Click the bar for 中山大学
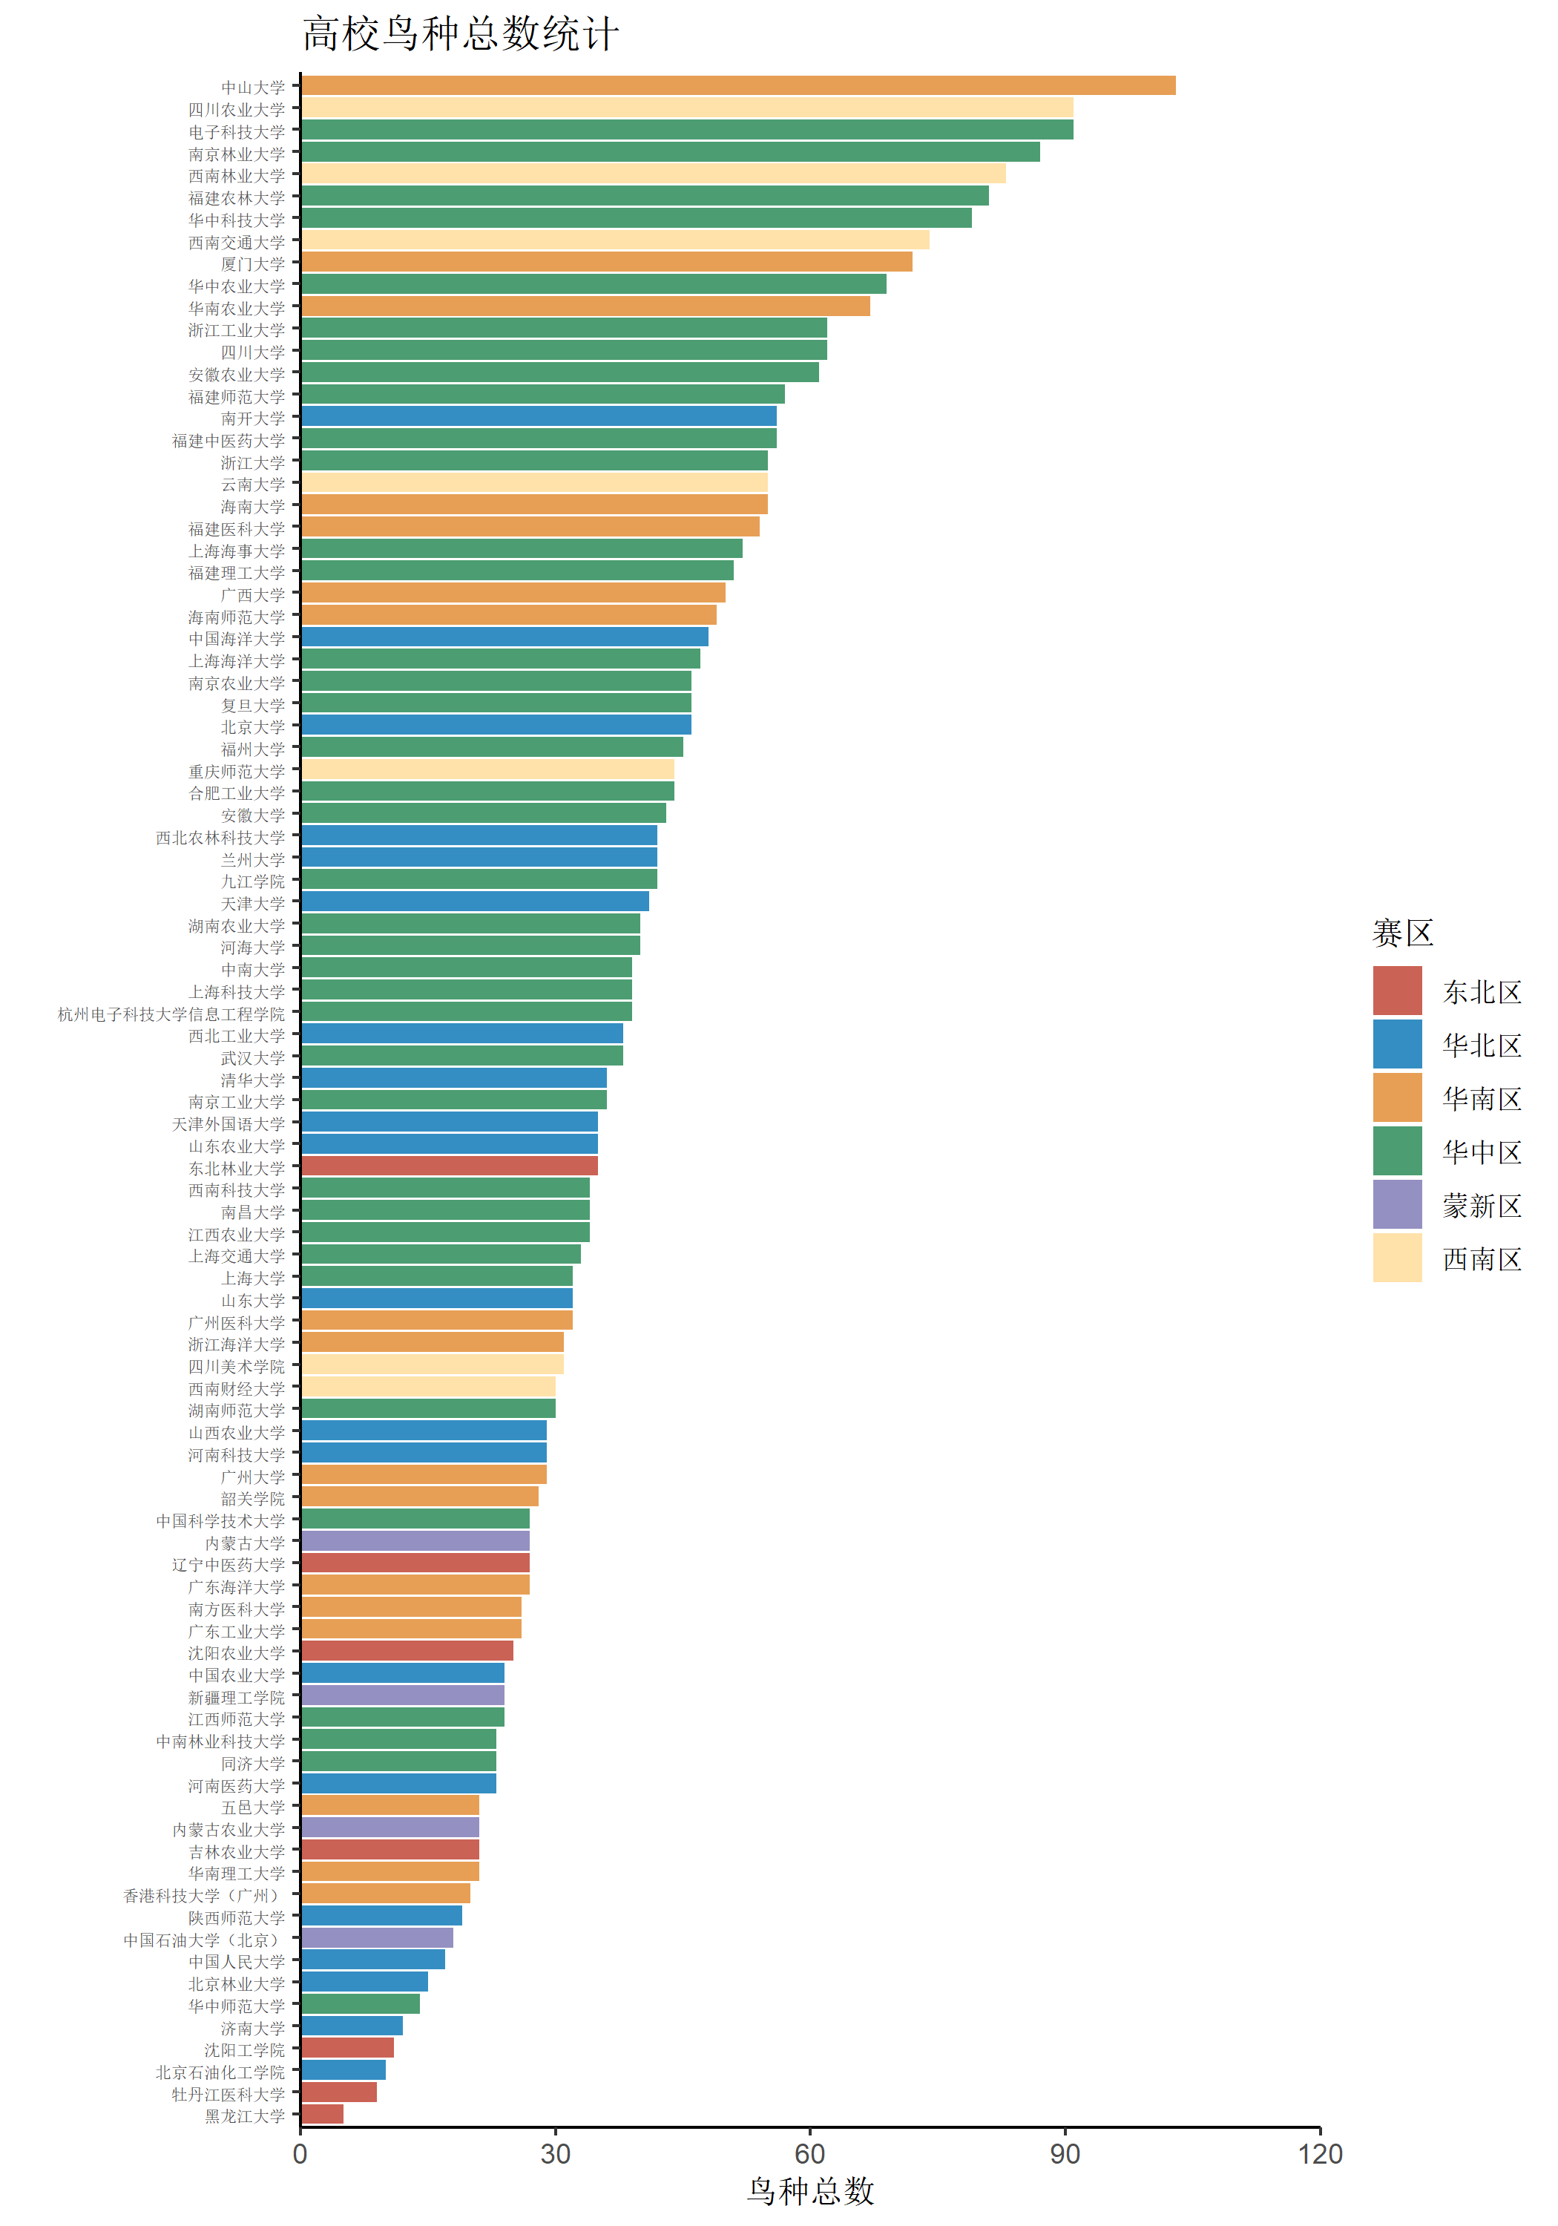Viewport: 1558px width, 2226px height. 737,86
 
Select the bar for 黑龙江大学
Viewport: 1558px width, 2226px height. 322,2115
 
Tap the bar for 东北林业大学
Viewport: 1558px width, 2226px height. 449,1166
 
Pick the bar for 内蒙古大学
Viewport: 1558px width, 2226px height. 415,1542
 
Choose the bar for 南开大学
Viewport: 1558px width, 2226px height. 538,417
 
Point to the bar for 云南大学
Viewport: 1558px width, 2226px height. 534,483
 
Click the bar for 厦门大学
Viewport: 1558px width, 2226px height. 606,263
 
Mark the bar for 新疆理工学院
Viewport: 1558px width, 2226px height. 402,1695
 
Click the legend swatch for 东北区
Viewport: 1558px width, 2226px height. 1396,991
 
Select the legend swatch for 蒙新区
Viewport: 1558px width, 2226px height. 1396,1205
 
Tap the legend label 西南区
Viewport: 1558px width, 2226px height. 1482,1258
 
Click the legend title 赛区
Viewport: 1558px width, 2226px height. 1402,933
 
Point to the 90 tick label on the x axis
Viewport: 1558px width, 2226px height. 1065,2154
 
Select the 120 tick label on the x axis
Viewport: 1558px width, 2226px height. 1320,2154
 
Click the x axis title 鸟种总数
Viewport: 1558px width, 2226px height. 810,2191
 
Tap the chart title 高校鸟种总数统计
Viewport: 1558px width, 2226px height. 461,34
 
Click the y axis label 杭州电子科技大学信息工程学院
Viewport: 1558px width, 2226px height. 171,1014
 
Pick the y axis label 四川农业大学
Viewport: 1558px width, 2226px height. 237,110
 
